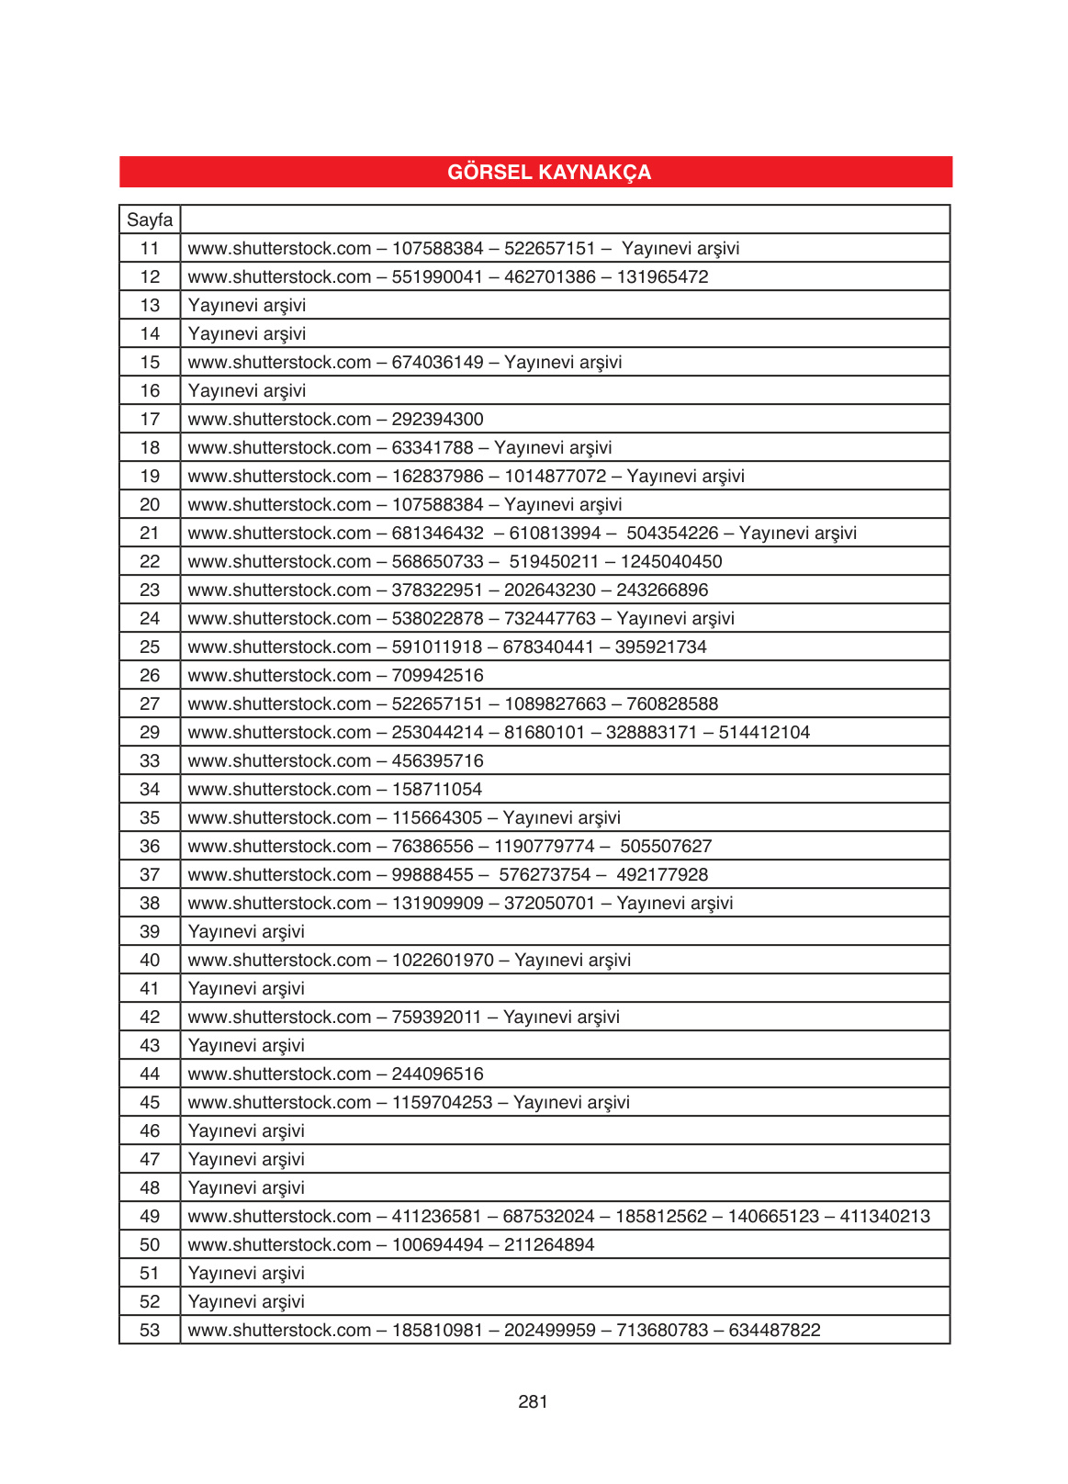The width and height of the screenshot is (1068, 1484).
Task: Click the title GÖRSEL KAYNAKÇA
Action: click(549, 173)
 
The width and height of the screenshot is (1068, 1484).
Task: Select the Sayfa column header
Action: click(150, 220)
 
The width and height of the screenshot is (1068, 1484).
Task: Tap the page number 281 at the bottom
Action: click(533, 1401)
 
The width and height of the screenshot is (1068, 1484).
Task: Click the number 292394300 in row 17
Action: click(437, 420)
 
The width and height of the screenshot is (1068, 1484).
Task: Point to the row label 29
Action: click(150, 733)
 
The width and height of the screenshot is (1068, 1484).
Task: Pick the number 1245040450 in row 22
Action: click(671, 562)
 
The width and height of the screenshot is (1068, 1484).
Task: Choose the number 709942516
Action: click(437, 676)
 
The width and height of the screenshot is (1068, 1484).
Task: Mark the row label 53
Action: click(150, 1331)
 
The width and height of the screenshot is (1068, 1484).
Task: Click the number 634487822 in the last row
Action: click(774, 1331)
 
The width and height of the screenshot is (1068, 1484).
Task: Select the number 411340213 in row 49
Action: click(884, 1217)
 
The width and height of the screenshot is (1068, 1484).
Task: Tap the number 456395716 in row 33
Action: click(437, 761)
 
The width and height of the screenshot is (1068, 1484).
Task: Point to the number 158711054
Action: click(436, 790)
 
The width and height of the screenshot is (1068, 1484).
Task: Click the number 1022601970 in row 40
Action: click(443, 961)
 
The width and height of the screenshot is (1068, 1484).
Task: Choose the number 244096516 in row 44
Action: click(437, 1074)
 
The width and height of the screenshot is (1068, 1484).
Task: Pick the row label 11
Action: click(150, 249)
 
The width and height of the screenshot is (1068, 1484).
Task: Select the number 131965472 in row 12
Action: click(662, 277)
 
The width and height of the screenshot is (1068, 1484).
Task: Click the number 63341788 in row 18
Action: click(433, 448)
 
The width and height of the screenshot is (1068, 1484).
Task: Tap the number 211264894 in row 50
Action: click(549, 1245)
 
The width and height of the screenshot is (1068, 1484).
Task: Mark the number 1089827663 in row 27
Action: click(555, 704)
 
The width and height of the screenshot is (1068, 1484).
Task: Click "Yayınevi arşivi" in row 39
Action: click(246, 932)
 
